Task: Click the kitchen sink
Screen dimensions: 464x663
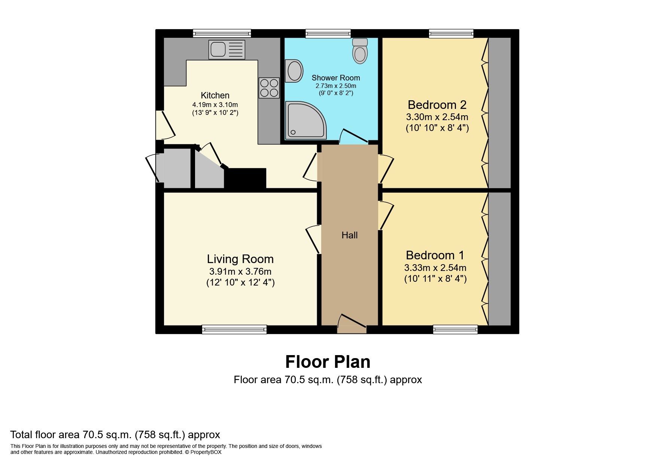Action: coord(226,49)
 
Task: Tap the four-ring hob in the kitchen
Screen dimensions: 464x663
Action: coord(269,88)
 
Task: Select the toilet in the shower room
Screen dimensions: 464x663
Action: coord(360,51)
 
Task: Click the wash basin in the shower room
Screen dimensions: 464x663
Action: coord(294,71)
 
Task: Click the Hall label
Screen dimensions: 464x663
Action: coord(349,235)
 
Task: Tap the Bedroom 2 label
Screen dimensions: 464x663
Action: coord(437,104)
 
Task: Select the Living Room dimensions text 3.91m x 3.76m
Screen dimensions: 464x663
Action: coord(240,271)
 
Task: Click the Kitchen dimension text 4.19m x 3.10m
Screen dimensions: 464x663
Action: coord(215,104)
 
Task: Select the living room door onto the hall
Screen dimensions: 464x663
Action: coord(314,239)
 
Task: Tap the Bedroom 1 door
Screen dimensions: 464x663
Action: coord(386,216)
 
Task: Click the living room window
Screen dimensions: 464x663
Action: coord(234,329)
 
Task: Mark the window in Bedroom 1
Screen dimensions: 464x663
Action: coord(455,329)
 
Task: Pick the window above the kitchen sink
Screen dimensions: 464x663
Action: coord(222,34)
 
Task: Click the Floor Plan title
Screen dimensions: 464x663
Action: coord(328,362)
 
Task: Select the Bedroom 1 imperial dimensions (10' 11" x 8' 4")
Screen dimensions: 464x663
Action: coord(435,279)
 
